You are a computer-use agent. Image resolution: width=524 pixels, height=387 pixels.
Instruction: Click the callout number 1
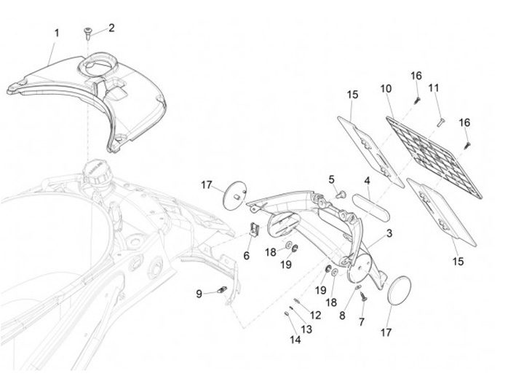tap(57, 32)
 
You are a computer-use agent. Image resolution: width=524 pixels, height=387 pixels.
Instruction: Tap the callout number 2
tap(111, 28)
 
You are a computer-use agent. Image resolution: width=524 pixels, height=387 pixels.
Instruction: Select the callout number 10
tap(386, 88)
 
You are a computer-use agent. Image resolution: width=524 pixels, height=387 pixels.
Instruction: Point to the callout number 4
tap(368, 180)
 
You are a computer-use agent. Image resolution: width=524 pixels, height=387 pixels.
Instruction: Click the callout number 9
tap(199, 294)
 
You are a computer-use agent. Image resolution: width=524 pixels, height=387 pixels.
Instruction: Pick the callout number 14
tap(295, 339)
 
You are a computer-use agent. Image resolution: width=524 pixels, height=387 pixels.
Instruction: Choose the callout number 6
tap(246, 256)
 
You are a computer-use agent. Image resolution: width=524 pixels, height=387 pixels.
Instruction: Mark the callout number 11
tap(434, 88)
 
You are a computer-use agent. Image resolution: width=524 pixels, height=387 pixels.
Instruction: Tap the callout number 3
tap(389, 233)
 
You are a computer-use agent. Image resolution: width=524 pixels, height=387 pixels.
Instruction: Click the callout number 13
tap(306, 329)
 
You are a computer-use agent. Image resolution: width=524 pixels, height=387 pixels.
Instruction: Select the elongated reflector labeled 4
tap(370, 202)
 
